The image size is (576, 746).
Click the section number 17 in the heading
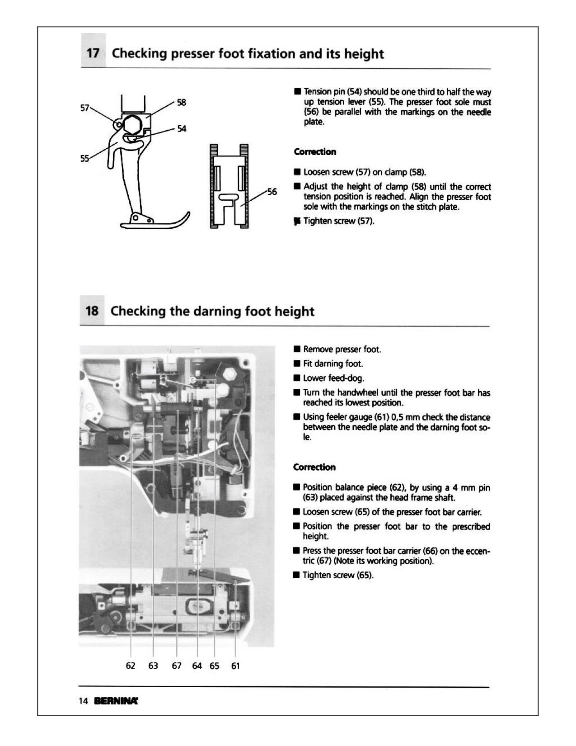pyautogui.click(x=93, y=53)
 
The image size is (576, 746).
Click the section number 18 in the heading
pyautogui.click(x=92, y=311)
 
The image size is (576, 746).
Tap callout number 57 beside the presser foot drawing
pyautogui.click(x=84, y=108)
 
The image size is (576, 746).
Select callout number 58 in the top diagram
pyautogui.click(x=182, y=102)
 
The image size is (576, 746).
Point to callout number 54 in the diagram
pyautogui.click(x=182, y=129)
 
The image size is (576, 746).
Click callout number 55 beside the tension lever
pyautogui.click(x=84, y=158)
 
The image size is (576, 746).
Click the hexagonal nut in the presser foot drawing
pyautogui.click(x=132, y=124)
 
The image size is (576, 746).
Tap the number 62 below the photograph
pyautogui.click(x=131, y=666)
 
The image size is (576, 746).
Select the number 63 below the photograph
pyautogui.click(x=153, y=666)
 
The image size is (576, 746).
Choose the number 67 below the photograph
pyautogui.click(x=176, y=666)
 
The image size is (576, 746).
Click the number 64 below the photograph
pyautogui.click(x=197, y=666)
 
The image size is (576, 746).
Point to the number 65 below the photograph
pyautogui.click(x=215, y=666)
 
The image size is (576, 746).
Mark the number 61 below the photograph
pyautogui.click(x=235, y=666)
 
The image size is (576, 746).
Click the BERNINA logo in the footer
pyautogui.click(x=116, y=701)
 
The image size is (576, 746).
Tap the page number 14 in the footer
pyautogui.click(x=84, y=701)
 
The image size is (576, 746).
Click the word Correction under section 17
pyautogui.click(x=315, y=152)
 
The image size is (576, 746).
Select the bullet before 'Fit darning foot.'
pyautogui.click(x=297, y=364)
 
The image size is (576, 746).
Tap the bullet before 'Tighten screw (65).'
pyautogui.click(x=296, y=575)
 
